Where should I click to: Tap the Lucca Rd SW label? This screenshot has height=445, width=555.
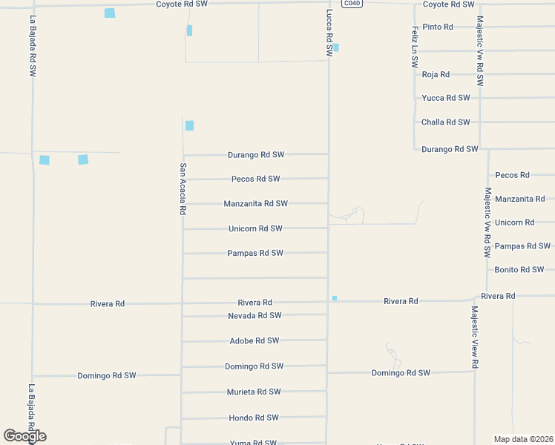click(x=329, y=33)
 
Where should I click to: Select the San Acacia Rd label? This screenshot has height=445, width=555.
click(x=183, y=189)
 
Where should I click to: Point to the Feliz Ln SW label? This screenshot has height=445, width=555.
click(x=415, y=47)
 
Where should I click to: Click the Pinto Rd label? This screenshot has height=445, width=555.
click(x=438, y=27)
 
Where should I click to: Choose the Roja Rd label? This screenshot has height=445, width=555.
click(x=436, y=74)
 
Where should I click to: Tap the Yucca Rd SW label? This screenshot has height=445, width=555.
click(x=445, y=98)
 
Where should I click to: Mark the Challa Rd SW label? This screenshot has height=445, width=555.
click(x=445, y=122)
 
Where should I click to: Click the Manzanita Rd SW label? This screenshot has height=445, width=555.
click(x=255, y=203)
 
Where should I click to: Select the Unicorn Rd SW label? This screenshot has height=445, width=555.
click(x=255, y=228)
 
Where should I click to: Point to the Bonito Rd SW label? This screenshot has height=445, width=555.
click(x=519, y=270)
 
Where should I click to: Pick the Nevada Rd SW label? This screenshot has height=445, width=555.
click(x=254, y=315)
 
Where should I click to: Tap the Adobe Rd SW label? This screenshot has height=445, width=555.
click(x=254, y=340)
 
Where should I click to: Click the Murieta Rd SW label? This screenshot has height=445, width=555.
click(x=254, y=392)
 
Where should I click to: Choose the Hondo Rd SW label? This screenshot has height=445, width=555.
click(x=254, y=418)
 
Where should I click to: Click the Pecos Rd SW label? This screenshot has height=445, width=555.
click(x=255, y=179)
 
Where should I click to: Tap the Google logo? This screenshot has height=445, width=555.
click(x=24, y=436)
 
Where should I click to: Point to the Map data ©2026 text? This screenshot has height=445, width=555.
click(x=523, y=439)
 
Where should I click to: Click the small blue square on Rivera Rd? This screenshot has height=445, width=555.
click(x=335, y=298)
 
